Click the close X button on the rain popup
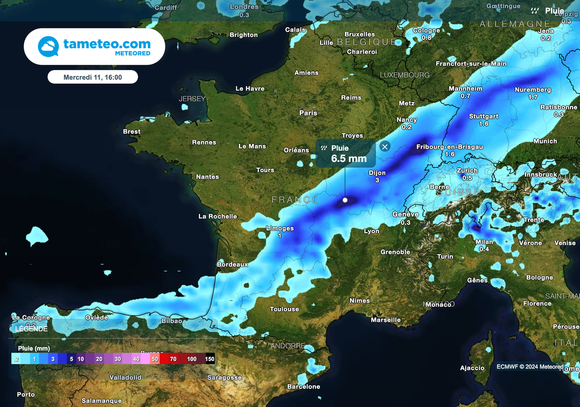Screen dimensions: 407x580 (385, 147)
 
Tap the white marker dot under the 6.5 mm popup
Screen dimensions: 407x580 (345, 200)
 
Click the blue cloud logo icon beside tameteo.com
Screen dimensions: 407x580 (48, 46)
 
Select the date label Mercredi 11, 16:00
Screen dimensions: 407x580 (93, 76)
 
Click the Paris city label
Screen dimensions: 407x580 (308, 113)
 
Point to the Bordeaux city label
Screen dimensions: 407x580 (233, 264)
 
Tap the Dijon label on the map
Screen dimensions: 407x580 (377, 173)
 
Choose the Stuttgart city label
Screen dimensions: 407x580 (484, 117)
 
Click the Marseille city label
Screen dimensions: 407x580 (386, 320)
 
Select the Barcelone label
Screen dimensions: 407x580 (304, 387)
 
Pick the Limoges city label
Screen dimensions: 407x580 (280, 229)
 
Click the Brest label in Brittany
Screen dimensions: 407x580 (131, 132)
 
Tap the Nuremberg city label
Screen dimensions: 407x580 (532, 90)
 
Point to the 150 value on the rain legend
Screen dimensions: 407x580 (210, 359)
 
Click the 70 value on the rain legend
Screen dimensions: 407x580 (173, 359)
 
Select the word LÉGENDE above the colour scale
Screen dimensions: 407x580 (32, 329)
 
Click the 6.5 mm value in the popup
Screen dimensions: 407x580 (349, 158)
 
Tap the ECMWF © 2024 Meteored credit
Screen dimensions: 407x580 (530, 367)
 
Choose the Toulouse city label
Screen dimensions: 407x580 (284, 309)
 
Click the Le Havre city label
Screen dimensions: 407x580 (250, 89)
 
